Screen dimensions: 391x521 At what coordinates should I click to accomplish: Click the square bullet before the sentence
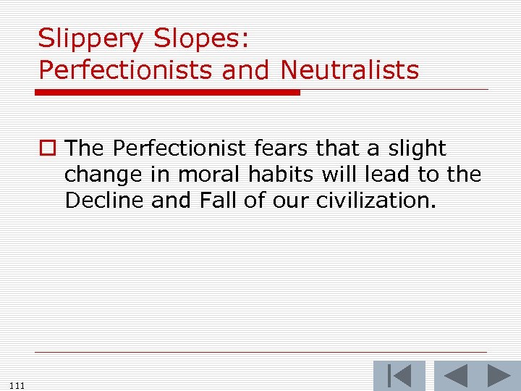[48, 149]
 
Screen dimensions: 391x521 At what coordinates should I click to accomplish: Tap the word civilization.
[376, 200]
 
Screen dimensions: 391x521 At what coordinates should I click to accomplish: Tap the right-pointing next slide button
[499, 376]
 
